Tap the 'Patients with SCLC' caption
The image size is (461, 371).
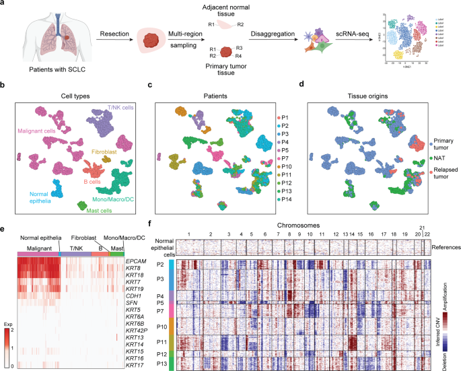point(53,69)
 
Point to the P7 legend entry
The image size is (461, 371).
point(285,147)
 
